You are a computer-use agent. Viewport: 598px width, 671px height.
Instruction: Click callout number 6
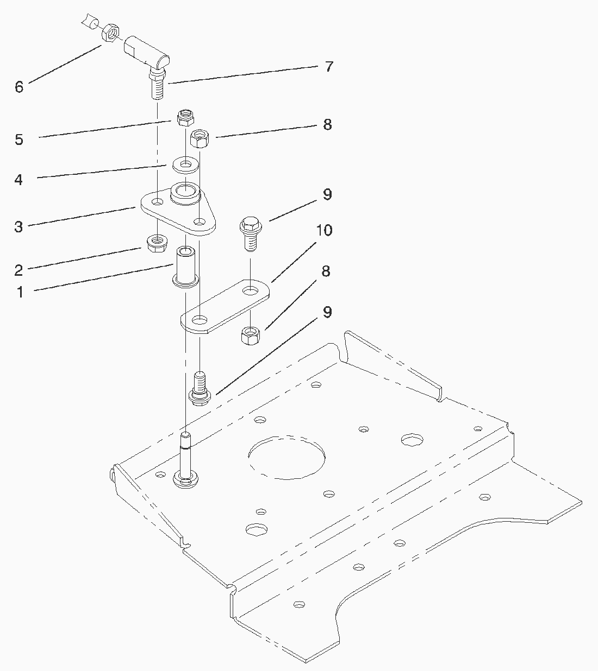point(19,87)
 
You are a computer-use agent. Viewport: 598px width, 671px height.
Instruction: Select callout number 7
point(329,67)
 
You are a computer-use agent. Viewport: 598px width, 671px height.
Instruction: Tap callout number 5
point(19,140)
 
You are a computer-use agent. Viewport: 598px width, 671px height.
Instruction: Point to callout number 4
point(18,180)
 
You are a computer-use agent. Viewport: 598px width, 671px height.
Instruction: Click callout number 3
point(18,227)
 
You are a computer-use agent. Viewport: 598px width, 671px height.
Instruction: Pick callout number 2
point(18,270)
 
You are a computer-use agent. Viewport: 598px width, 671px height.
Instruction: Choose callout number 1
point(21,293)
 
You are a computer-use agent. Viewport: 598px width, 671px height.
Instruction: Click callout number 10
point(324,230)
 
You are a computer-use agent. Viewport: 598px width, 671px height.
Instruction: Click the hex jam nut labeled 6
point(110,33)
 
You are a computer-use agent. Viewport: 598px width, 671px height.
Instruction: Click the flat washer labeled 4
point(186,165)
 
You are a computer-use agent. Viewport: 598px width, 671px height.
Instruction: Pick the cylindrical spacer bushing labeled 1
point(186,267)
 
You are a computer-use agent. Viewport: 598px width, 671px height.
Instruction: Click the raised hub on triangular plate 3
point(185,193)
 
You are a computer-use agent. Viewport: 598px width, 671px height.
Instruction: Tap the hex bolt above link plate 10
point(251,233)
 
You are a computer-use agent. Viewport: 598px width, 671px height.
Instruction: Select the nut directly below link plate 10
point(251,335)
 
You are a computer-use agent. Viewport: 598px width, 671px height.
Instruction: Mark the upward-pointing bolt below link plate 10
point(200,389)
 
